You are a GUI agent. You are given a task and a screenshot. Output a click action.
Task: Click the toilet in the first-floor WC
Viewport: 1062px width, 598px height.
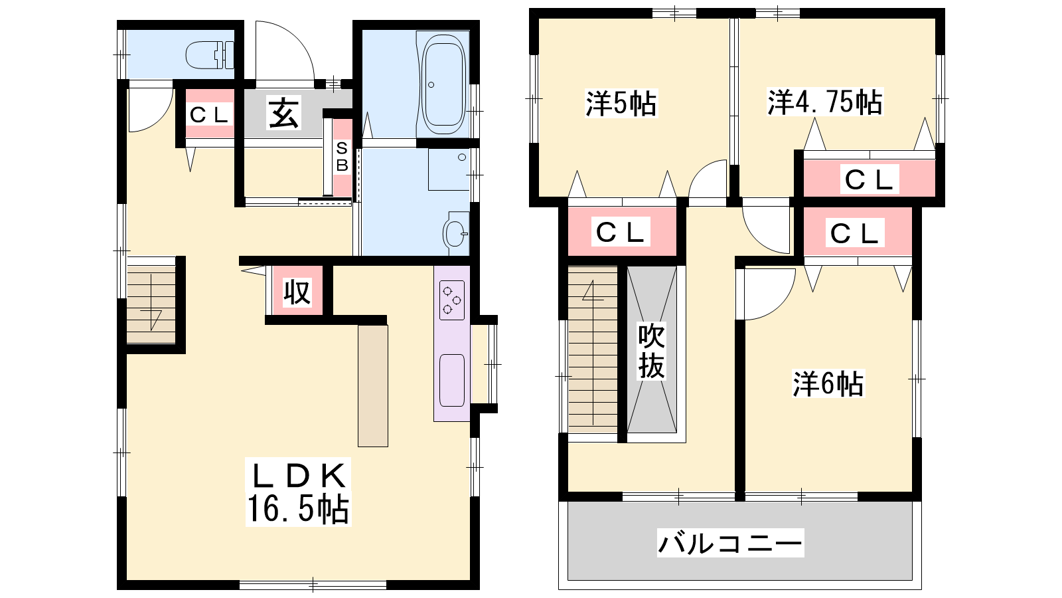tap(210, 55)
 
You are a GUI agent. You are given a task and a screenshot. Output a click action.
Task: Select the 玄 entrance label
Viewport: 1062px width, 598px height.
tap(284, 114)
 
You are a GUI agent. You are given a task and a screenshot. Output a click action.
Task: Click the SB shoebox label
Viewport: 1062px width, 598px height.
tap(342, 157)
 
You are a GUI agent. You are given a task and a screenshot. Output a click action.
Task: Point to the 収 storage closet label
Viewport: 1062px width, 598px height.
tap(297, 292)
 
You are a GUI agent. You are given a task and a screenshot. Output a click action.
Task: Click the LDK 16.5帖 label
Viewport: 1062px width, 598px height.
tap(298, 492)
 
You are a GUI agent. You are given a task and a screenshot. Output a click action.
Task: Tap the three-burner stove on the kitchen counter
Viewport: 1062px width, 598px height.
tap(451, 300)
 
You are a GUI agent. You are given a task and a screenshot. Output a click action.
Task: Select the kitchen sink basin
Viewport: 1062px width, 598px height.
tap(451, 380)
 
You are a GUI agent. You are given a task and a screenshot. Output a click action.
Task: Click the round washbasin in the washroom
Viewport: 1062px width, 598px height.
tap(455, 233)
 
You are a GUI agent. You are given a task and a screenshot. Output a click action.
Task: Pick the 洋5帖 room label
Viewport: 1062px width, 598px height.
tap(621, 104)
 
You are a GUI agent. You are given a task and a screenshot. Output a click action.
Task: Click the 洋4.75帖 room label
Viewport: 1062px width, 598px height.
tap(825, 102)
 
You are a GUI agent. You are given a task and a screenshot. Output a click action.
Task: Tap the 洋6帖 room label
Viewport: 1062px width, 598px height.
tap(828, 383)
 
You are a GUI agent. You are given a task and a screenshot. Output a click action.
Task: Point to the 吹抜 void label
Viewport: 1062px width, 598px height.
tap(651, 351)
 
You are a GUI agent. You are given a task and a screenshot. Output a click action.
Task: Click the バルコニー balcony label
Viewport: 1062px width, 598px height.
tap(730, 542)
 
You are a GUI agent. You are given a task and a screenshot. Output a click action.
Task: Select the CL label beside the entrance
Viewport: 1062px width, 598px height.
tap(209, 114)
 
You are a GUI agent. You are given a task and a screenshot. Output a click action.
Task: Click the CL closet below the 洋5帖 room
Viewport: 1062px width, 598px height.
tap(621, 232)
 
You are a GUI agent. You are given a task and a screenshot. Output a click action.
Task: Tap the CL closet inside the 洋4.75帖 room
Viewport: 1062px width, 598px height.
tap(870, 179)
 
